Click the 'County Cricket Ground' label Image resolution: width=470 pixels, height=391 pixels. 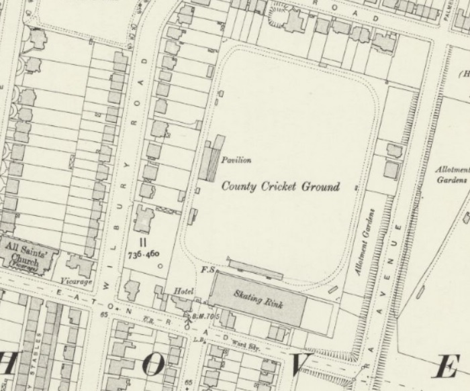pyautogui.click(x=281, y=186)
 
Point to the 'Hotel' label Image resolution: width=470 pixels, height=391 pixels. pyautogui.click(x=184, y=292)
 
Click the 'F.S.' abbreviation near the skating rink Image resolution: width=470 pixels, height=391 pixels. pyautogui.click(x=207, y=270)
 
